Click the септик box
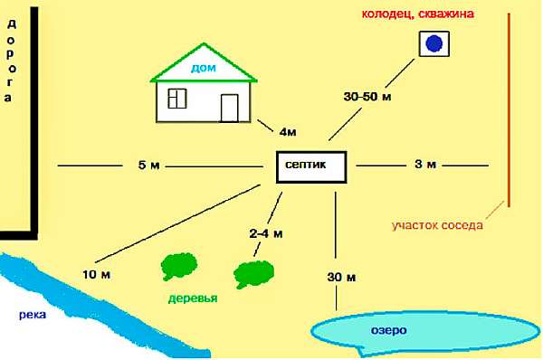click(311, 166)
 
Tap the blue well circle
click(433, 43)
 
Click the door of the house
click(230, 108)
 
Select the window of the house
click(177, 99)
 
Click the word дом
click(204, 68)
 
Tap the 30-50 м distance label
click(367, 97)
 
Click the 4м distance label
click(288, 132)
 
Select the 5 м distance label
click(149, 166)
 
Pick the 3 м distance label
click(425, 164)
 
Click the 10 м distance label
click(96, 274)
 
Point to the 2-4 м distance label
click(266, 233)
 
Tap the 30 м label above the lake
click(341, 277)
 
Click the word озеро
click(389, 330)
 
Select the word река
click(33, 315)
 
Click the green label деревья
click(193, 298)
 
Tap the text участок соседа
click(437, 225)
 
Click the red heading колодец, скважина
click(417, 14)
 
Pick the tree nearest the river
click(179, 266)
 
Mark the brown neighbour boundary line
click(509, 110)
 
